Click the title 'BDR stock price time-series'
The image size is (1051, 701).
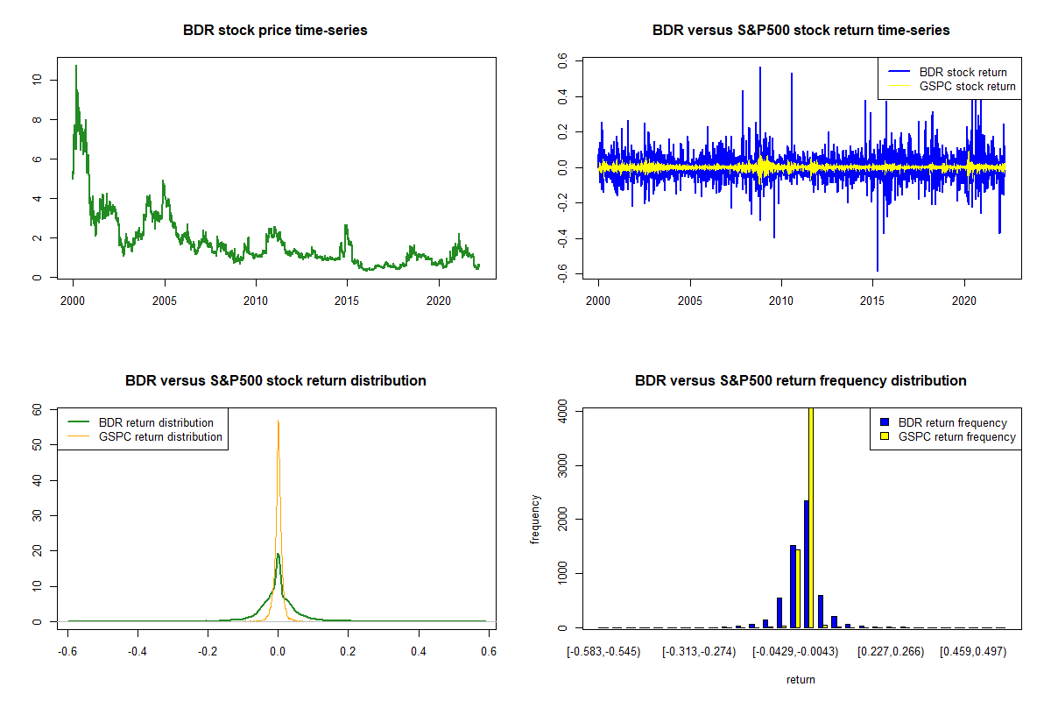click(275, 31)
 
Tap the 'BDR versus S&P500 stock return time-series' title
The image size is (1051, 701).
click(801, 31)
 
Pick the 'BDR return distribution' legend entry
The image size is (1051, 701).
click(156, 422)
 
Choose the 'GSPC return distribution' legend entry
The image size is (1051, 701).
click(160, 436)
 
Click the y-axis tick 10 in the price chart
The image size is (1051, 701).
click(37, 80)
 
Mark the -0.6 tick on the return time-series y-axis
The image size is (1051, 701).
click(562, 276)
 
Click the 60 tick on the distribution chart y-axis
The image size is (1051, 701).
click(37, 409)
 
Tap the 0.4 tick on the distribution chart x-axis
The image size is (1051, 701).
click(419, 652)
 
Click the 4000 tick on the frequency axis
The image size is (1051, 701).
click(562, 410)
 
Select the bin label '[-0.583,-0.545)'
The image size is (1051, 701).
click(603, 652)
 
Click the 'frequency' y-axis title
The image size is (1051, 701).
click(536, 519)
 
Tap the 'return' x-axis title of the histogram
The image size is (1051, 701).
click(801, 679)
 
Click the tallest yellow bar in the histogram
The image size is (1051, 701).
click(810, 517)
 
